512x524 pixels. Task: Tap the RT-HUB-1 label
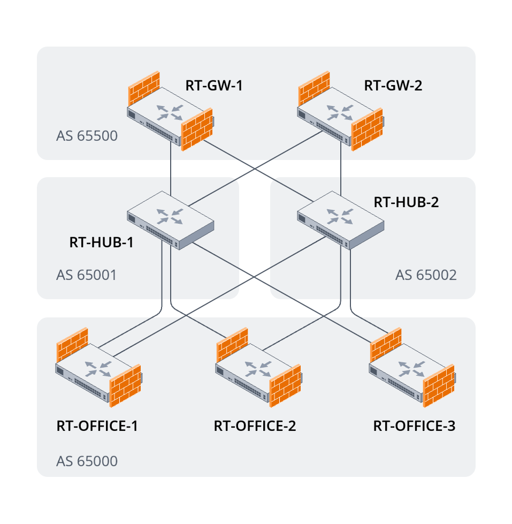pos(101,242)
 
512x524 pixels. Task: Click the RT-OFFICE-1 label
pos(97,426)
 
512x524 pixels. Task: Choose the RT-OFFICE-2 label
pos(255,426)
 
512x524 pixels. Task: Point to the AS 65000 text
pos(87,461)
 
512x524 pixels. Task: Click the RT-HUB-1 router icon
pos(170,219)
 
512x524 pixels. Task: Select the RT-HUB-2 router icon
pos(340,219)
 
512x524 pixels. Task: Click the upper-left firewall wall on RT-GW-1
pos(144,88)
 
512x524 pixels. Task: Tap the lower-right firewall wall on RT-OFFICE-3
pos(439,388)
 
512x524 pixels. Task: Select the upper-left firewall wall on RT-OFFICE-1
pos(72,344)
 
